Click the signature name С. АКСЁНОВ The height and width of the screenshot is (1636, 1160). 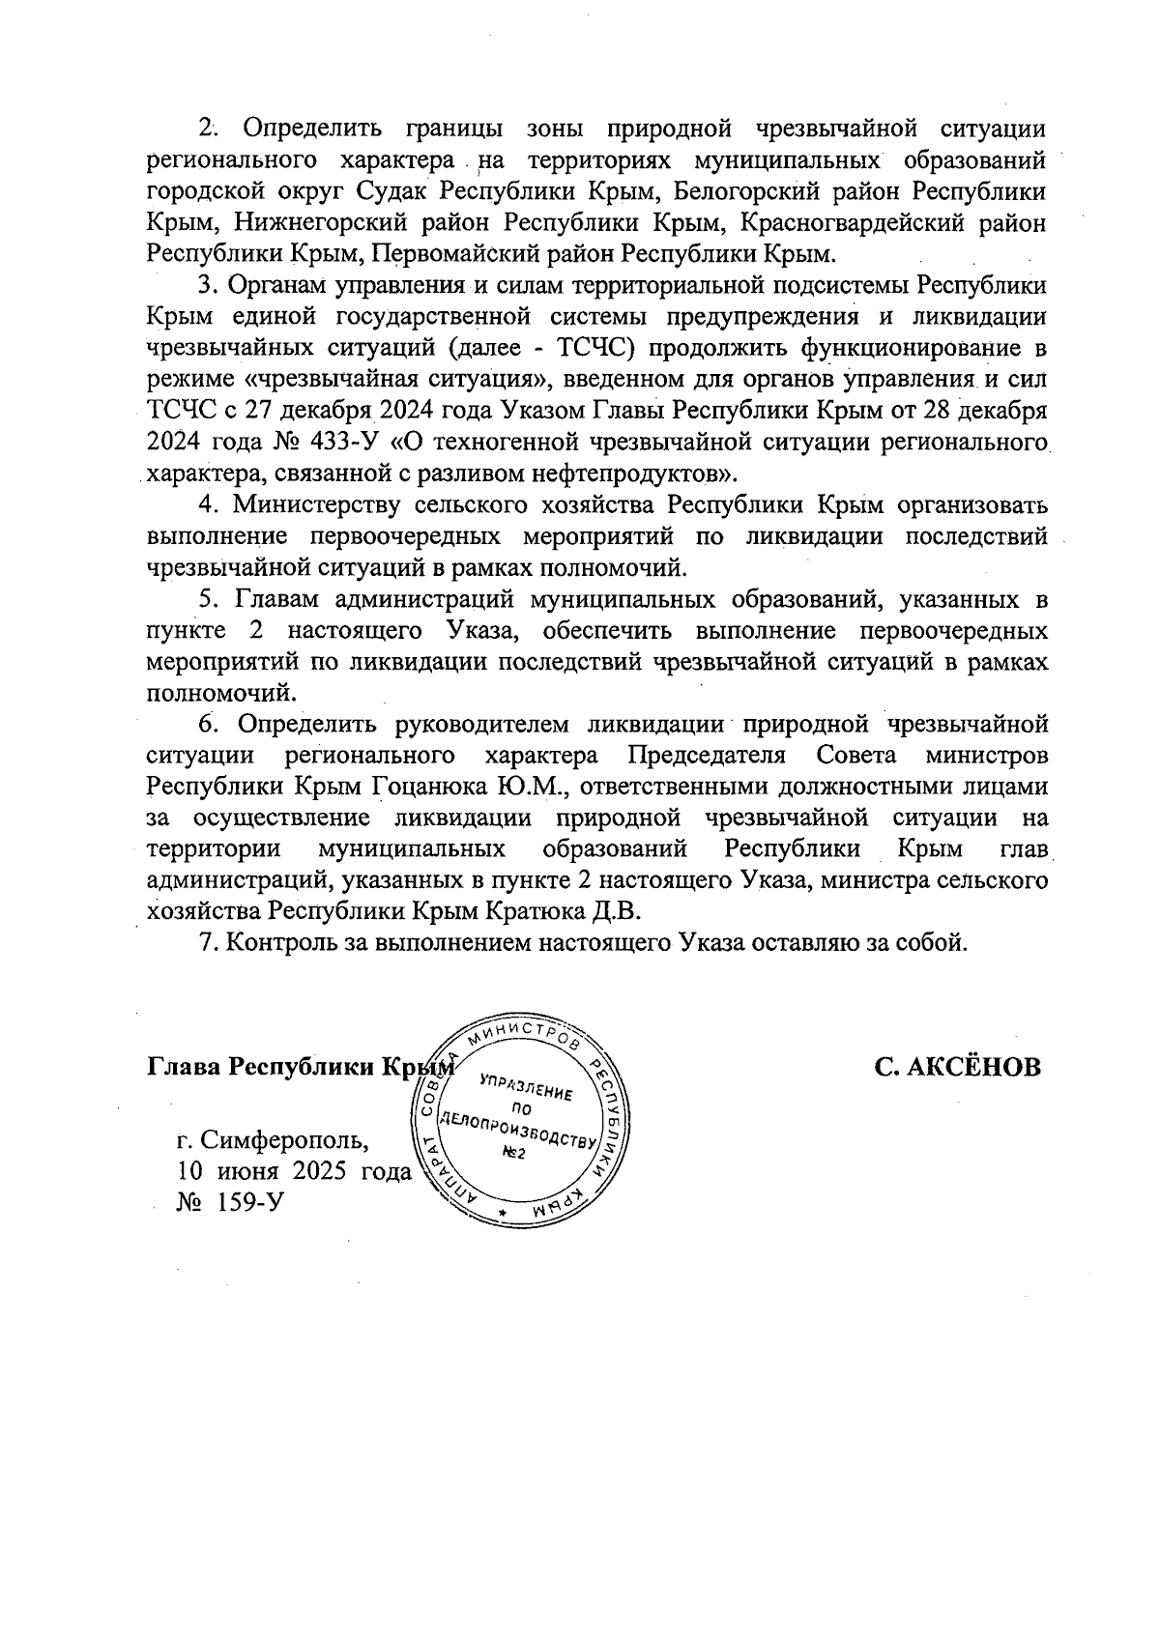tap(958, 1067)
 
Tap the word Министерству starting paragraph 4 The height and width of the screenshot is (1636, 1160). tap(309, 505)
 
